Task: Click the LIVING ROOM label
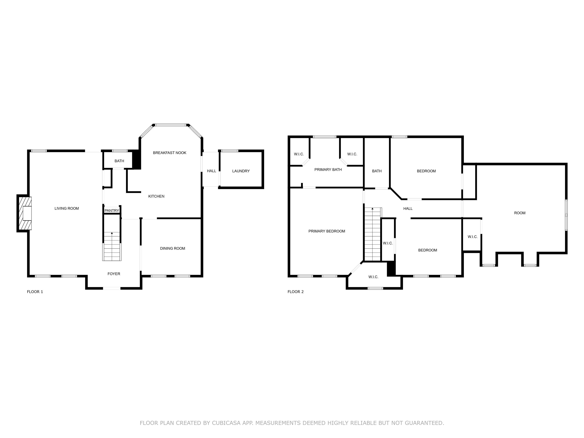pos(67,208)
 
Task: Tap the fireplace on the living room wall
pos(24,213)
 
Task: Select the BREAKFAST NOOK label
pos(170,153)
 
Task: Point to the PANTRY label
pos(112,210)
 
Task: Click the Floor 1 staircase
pos(112,246)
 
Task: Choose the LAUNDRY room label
pos(241,171)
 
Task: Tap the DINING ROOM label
pos(172,248)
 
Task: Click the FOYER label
pos(114,274)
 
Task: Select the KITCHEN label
pos(156,196)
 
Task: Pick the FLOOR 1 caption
pos(35,292)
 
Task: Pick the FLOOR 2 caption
pos(296,292)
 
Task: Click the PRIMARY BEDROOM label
pos(327,231)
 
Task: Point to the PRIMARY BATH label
pos(328,170)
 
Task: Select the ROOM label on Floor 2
pos(520,213)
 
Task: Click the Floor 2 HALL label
pos(408,208)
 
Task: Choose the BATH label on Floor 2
pos(377,171)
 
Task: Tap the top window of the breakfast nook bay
pos(171,125)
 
